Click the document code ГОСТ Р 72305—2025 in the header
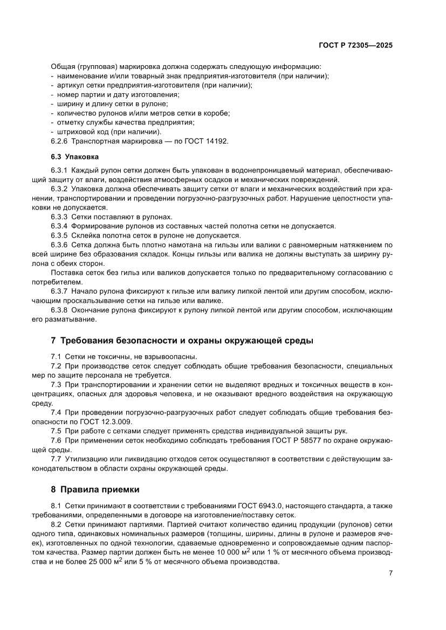point(356,46)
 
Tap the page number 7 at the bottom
point(390,573)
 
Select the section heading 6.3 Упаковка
point(74,157)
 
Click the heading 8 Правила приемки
point(95,490)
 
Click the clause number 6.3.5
point(59,235)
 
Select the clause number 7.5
point(56,431)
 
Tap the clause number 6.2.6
point(59,141)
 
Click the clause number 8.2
point(56,525)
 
